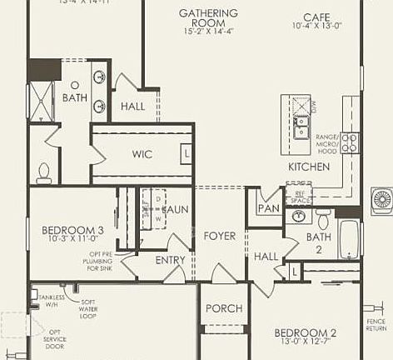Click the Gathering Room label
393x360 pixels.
tap(208, 13)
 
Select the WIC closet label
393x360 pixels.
tap(142, 154)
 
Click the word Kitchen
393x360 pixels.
tap(309, 167)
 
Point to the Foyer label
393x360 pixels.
tap(220, 236)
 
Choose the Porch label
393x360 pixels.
tap(223, 308)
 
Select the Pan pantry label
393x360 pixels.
tap(268, 208)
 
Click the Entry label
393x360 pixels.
tap(171, 260)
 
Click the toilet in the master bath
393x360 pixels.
tap(44, 171)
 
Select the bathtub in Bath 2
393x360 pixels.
tap(348, 239)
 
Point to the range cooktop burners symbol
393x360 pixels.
tap(349, 142)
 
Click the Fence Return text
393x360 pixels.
tap(376, 324)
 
